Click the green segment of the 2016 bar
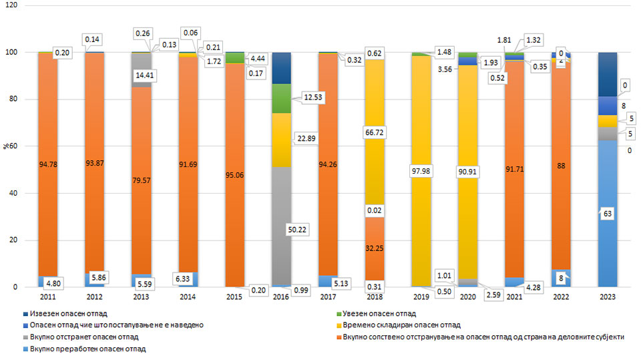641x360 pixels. pos(281,98)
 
